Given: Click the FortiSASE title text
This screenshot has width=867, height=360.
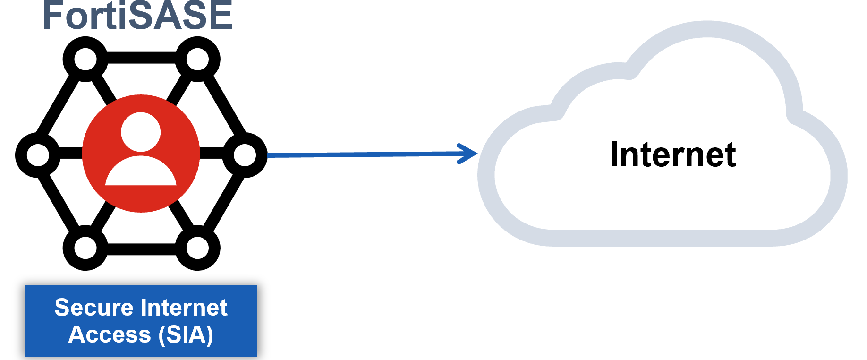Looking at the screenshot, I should pyautogui.click(x=137, y=16).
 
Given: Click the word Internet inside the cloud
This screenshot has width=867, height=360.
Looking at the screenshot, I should pyautogui.click(x=672, y=155).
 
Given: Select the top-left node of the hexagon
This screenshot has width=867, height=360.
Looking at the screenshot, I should pyautogui.click(x=85, y=60).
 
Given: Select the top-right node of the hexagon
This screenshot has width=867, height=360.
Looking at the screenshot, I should pyautogui.click(x=197, y=60).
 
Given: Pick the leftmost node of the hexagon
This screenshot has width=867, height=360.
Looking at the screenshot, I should pyautogui.click(x=38, y=155).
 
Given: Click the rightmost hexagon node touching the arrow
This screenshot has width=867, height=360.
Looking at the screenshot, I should pyautogui.click(x=245, y=155).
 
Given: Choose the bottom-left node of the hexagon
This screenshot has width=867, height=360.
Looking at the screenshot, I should pyautogui.click(x=85, y=248).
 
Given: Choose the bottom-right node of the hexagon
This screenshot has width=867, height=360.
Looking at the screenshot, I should pyautogui.click(x=197, y=248).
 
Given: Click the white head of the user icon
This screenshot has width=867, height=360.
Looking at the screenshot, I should pyautogui.click(x=141, y=132).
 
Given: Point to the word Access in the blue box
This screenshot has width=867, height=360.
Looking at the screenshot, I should pyautogui.click(x=110, y=335).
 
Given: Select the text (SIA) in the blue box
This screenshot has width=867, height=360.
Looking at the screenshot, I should pyautogui.click(x=186, y=335).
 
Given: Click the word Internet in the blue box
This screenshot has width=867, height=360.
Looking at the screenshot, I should pyautogui.click(x=185, y=308).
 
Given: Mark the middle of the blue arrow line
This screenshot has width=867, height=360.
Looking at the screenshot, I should pyautogui.click(x=364, y=154).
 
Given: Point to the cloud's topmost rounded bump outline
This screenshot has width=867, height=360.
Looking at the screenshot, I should pyautogui.click(x=707, y=29).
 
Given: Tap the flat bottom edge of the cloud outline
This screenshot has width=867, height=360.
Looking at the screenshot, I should pyautogui.click(x=661, y=238).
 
